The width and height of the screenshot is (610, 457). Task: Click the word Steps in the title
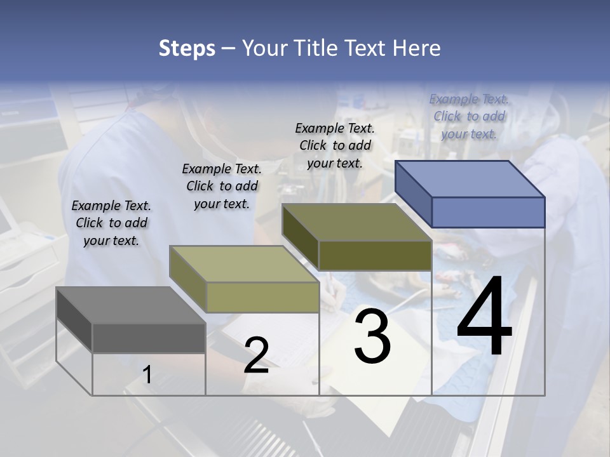(x=187, y=48)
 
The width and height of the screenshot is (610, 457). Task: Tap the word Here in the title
(x=417, y=48)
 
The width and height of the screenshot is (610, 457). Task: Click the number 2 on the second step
(x=256, y=355)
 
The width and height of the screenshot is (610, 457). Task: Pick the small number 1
(x=147, y=375)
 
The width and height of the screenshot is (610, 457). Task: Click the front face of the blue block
(x=488, y=212)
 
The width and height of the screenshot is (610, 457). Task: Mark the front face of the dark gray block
(x=149, y=338)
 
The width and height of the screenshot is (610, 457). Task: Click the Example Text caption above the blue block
(x=470, y=116)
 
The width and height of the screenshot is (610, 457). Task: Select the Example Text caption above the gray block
(x=111, y=223)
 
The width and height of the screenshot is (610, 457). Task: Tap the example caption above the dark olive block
(x=335, y=145)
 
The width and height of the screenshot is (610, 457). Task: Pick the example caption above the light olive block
(x=222, y=186)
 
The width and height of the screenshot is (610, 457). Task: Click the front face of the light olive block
(x=262, y=297)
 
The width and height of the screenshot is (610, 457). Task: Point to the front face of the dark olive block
(x=375, y=255)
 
